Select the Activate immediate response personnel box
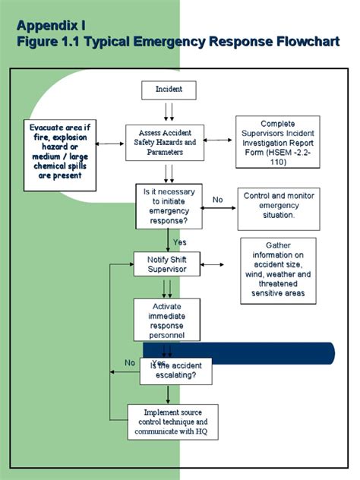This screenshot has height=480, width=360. click(166, 319)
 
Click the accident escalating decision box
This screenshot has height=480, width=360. click(175, 370)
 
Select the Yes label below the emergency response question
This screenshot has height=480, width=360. click(179, 242)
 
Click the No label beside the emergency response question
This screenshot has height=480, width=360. click(218, 200)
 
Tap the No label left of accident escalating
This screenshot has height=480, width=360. click(129, 362)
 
